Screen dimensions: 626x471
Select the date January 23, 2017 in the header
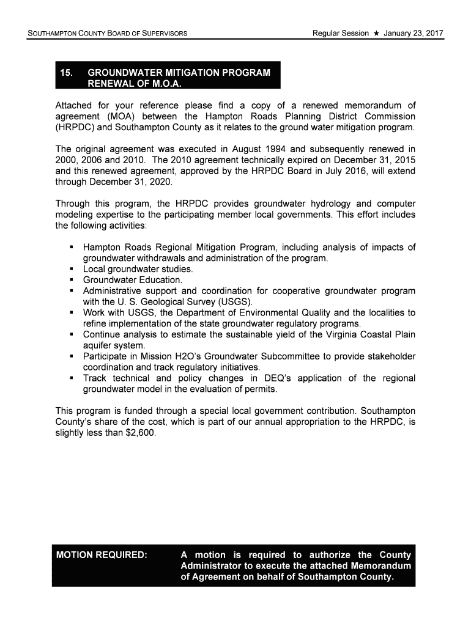click(x=414, y=32)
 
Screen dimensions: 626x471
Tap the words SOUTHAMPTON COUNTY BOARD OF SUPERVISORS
click(x=108, y=33)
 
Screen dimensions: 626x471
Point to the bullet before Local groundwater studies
click(x=72, y=269)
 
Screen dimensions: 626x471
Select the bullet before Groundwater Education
click(x=72, y=280)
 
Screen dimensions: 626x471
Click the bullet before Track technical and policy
click(x=72, y=378)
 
